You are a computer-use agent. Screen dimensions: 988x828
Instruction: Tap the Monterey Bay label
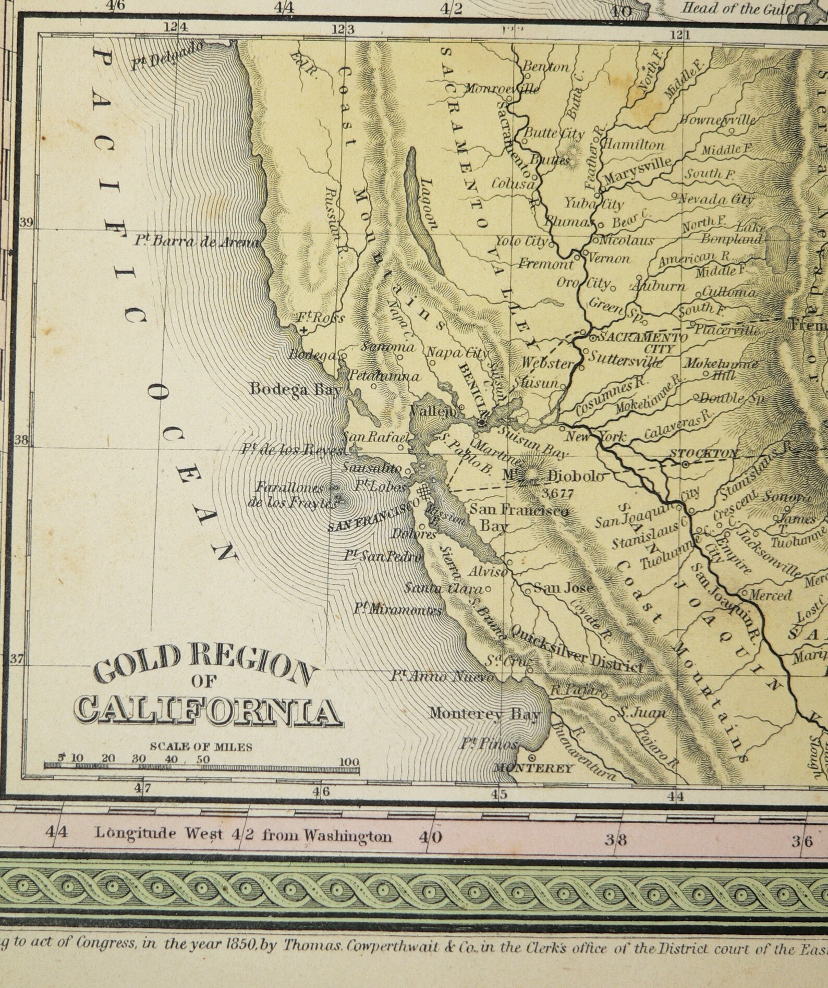coord(484,714)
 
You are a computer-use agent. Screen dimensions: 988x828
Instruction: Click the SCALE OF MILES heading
coord(201,747)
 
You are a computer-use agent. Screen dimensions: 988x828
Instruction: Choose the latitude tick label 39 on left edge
coord(26,223)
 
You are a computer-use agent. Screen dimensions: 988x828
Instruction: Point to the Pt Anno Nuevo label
coord(443,676)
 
